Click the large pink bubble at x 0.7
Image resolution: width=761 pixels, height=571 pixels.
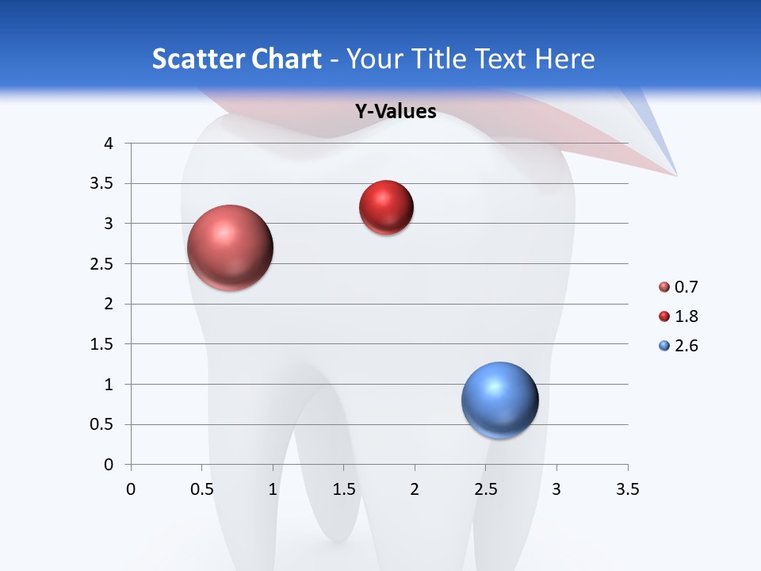[x=231, y=247]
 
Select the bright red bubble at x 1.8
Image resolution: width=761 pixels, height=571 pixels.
[x=386, y=208]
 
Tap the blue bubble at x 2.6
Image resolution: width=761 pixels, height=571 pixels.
[x=499, y=400]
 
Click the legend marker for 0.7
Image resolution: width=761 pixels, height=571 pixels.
[x=664, y=287]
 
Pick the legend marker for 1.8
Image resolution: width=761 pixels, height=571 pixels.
[x=664, y=316]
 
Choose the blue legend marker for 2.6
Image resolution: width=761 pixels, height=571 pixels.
[x=664, y=346]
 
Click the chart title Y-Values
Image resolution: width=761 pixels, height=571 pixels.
[x=396, y=111]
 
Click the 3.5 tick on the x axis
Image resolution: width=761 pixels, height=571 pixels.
[x=628, y=489]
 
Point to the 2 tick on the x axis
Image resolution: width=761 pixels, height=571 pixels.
[x=415, y=489]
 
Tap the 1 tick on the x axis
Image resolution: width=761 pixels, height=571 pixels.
[x=273, y=489]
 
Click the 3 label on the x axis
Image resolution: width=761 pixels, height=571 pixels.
[x=556, y=489]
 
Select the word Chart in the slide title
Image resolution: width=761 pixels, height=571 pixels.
[x=286, y=59]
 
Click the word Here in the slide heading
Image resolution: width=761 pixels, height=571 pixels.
[x=564, y=59]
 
